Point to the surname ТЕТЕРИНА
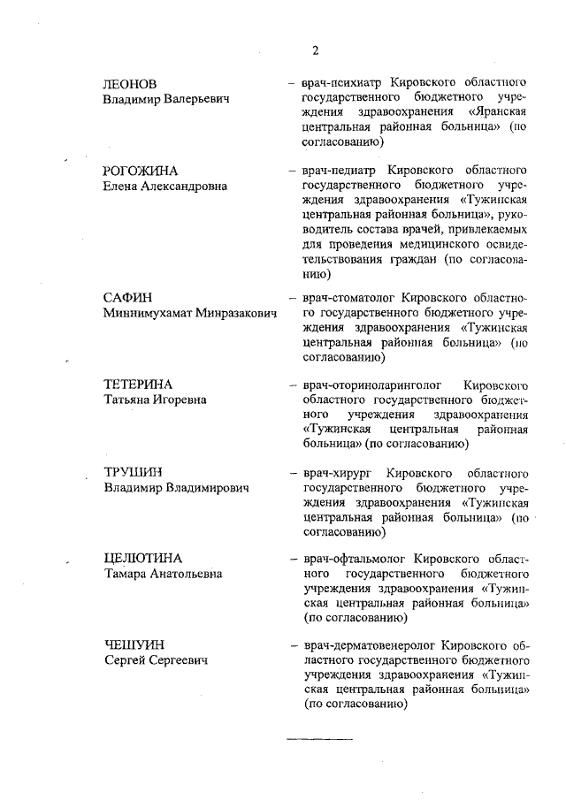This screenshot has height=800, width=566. (138, 385)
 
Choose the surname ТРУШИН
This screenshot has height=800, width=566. (134, 471)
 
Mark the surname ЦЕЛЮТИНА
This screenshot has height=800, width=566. (142, 558)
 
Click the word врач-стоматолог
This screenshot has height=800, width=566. (348, 298)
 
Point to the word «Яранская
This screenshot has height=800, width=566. (499, 112)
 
